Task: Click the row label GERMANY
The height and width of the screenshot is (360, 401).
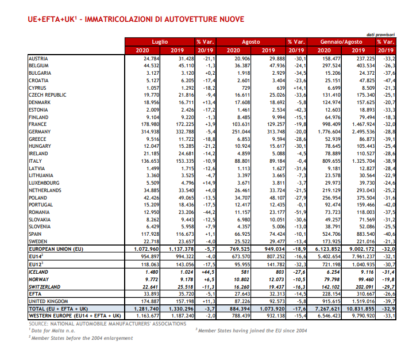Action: pyautogui.click(x=40, y=132)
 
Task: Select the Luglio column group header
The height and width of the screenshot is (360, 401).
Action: pyautogui.click(x=160, y=42)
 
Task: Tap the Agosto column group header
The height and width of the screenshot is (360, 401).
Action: pyautogui.click(x=251, y=42)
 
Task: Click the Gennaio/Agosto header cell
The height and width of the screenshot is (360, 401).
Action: pyautogui.click(x=341, y=42)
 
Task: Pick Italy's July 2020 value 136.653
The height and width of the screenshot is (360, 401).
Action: pyautogui.click(x=150, y=161)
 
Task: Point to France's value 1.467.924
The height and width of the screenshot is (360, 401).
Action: pyautogui.click(x=363, y=124)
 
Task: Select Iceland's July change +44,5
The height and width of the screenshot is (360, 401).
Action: pyautogui.click(x=208, y=272)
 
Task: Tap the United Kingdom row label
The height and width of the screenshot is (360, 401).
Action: pyautogui.click(x=48, y=301)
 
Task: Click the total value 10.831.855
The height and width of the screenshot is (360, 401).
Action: pyautogui.click(x=360, y=309)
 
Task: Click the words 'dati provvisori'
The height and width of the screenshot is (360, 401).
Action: pyautogui.click(x=380, y=35)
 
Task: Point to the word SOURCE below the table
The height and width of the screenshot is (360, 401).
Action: pyautogui.click(x=38, y=324)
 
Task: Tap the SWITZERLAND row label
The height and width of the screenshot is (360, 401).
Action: pyautogui.click(x=44, y=287)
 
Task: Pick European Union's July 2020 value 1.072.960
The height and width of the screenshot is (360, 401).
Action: pyautogui.click(x=146, y=249)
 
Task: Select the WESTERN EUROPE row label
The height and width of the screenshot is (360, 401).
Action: pyautogui.click(x=75, y=316)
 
